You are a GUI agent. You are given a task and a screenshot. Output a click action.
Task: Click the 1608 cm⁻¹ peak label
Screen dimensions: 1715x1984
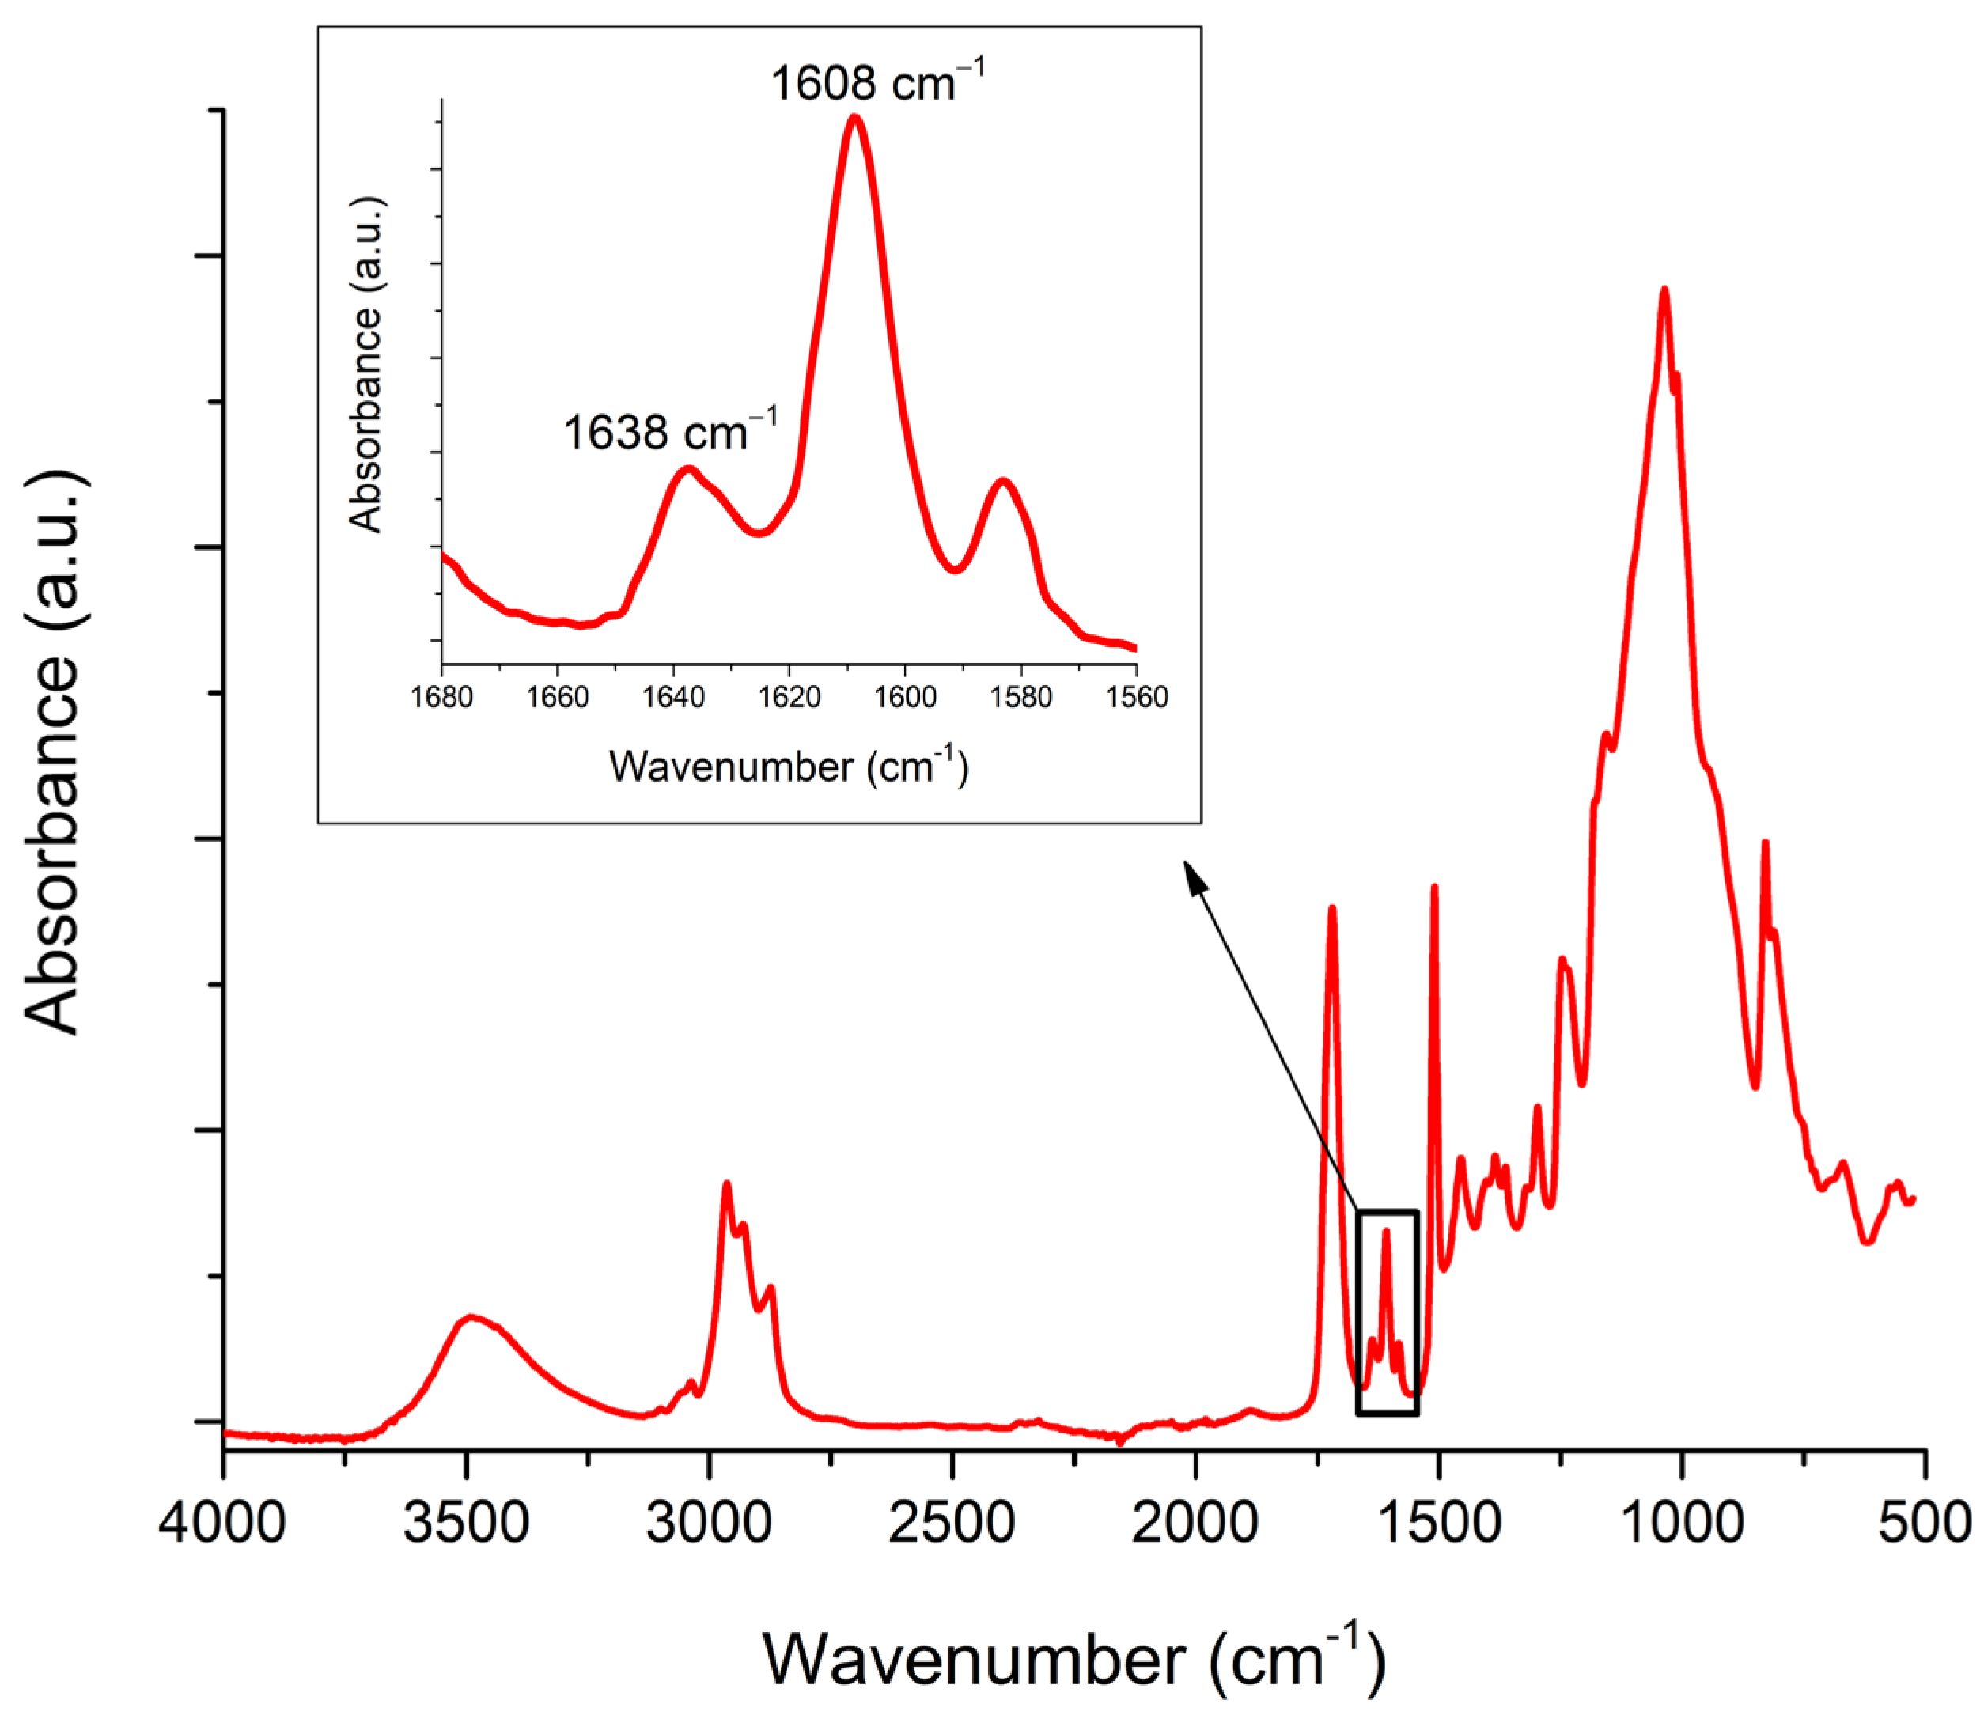pos(877,82)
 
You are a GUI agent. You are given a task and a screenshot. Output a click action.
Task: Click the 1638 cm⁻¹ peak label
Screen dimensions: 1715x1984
pos(669,432)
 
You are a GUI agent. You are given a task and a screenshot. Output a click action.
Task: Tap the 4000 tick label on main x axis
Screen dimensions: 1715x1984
pos(222,1520)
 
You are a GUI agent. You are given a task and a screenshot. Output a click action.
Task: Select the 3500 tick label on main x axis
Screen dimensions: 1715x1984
pos(466,1520)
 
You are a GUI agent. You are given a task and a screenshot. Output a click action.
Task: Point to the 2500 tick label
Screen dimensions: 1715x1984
pos(952,1520)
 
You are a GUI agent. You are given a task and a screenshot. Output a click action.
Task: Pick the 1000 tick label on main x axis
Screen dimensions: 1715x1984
pos(1682,1520)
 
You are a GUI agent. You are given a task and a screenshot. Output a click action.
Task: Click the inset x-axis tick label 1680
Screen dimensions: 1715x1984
pos(441,697)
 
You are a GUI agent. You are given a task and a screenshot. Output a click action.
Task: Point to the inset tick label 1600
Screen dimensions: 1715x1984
pos(905,697)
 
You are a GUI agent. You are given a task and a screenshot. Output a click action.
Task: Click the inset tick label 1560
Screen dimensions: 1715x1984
pos(1137,697)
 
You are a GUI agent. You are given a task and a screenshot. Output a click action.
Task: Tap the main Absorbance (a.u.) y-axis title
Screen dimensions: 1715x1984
pos(54,754)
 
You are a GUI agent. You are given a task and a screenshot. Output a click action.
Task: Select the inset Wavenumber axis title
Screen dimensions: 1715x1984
pos(789,767)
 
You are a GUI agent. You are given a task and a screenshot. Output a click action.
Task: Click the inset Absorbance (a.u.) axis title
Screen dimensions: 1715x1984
pos(365,365)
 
